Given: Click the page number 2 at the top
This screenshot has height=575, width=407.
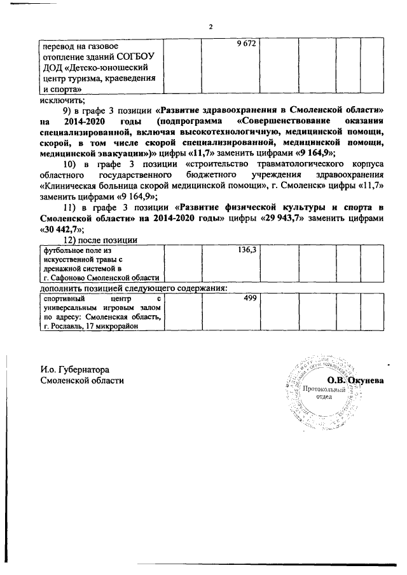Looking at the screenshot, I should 210,26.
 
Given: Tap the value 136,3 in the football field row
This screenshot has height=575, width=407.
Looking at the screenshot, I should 247,250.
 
